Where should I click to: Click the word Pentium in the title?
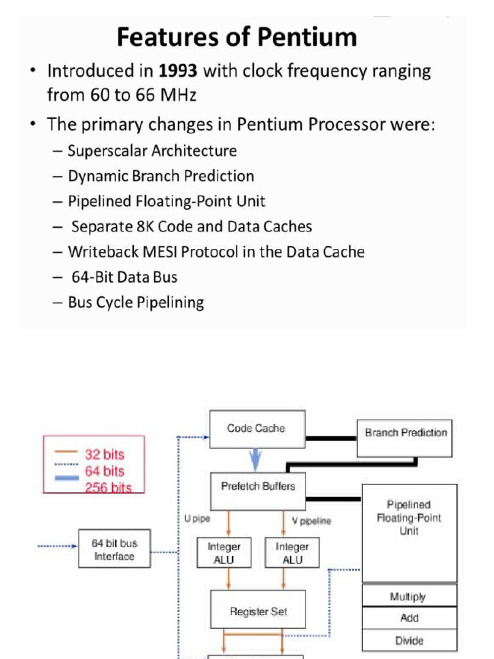pos(311,37)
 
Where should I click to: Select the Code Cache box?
pos(257,429)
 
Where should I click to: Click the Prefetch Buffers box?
pos(258,487)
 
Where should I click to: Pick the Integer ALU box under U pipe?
pos(223,553)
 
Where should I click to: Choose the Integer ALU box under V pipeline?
pos(292,553)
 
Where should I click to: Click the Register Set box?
pos(258,611)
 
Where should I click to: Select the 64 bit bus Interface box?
pos(114,549)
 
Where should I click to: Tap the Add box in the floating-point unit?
pos(409,618)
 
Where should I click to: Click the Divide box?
pos(409,640)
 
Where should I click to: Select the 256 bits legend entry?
pos(108,487)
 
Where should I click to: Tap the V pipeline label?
pos(311,521)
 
